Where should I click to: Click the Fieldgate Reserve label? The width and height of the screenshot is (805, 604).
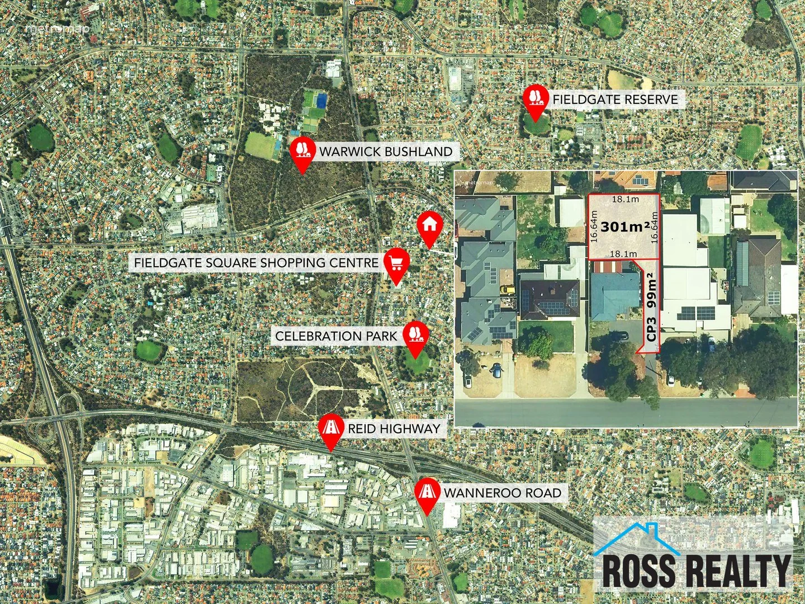615,100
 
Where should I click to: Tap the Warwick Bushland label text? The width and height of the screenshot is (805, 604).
386,152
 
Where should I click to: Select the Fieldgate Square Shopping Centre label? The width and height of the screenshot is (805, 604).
257,262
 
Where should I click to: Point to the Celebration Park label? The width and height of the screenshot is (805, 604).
336,336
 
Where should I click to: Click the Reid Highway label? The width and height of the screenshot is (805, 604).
394,429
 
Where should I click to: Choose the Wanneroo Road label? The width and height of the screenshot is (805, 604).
502,493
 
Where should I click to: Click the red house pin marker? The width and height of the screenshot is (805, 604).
429,225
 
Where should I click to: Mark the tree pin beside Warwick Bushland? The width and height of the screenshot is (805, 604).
303,150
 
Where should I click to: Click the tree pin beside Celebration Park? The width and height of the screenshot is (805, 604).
415,335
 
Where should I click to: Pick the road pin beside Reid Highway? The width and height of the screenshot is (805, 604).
330,428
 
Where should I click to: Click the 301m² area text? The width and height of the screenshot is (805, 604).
625,227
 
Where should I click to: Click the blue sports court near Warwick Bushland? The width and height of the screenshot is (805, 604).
321,101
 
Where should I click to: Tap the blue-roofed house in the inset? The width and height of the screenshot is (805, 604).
615,295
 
